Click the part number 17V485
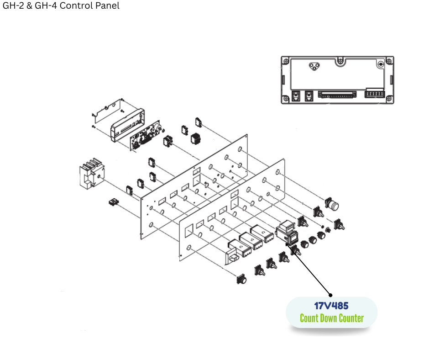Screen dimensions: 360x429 click(331, 306)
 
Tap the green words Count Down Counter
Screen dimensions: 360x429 click(331, 318)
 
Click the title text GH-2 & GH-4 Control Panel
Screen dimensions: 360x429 click(61, 6)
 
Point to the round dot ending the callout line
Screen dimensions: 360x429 click(331, 295)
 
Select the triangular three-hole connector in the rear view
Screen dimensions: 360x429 click(314, 66)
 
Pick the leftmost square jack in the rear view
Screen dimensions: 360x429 click(295, 96)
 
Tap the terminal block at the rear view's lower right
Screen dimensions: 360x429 click(374, 95)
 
